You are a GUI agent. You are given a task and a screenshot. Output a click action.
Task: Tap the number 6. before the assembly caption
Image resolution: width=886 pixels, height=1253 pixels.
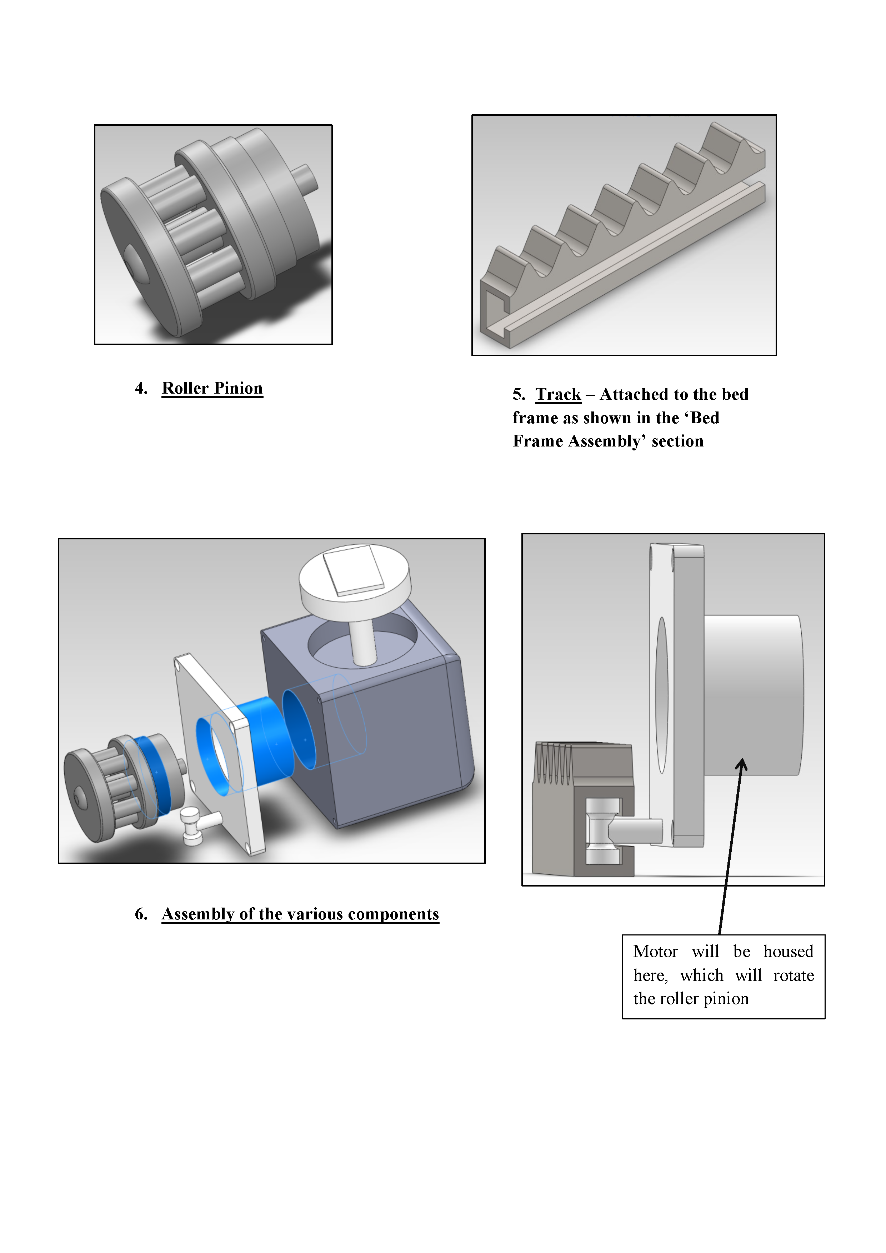pos(141,914)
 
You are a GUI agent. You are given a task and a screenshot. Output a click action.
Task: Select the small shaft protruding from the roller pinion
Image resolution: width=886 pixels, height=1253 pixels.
pos(304,179)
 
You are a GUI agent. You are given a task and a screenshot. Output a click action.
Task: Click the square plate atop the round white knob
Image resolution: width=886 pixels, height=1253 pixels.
pos(354,569)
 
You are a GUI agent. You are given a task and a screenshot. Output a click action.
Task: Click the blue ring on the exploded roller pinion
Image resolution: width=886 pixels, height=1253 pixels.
pos(153,775)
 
